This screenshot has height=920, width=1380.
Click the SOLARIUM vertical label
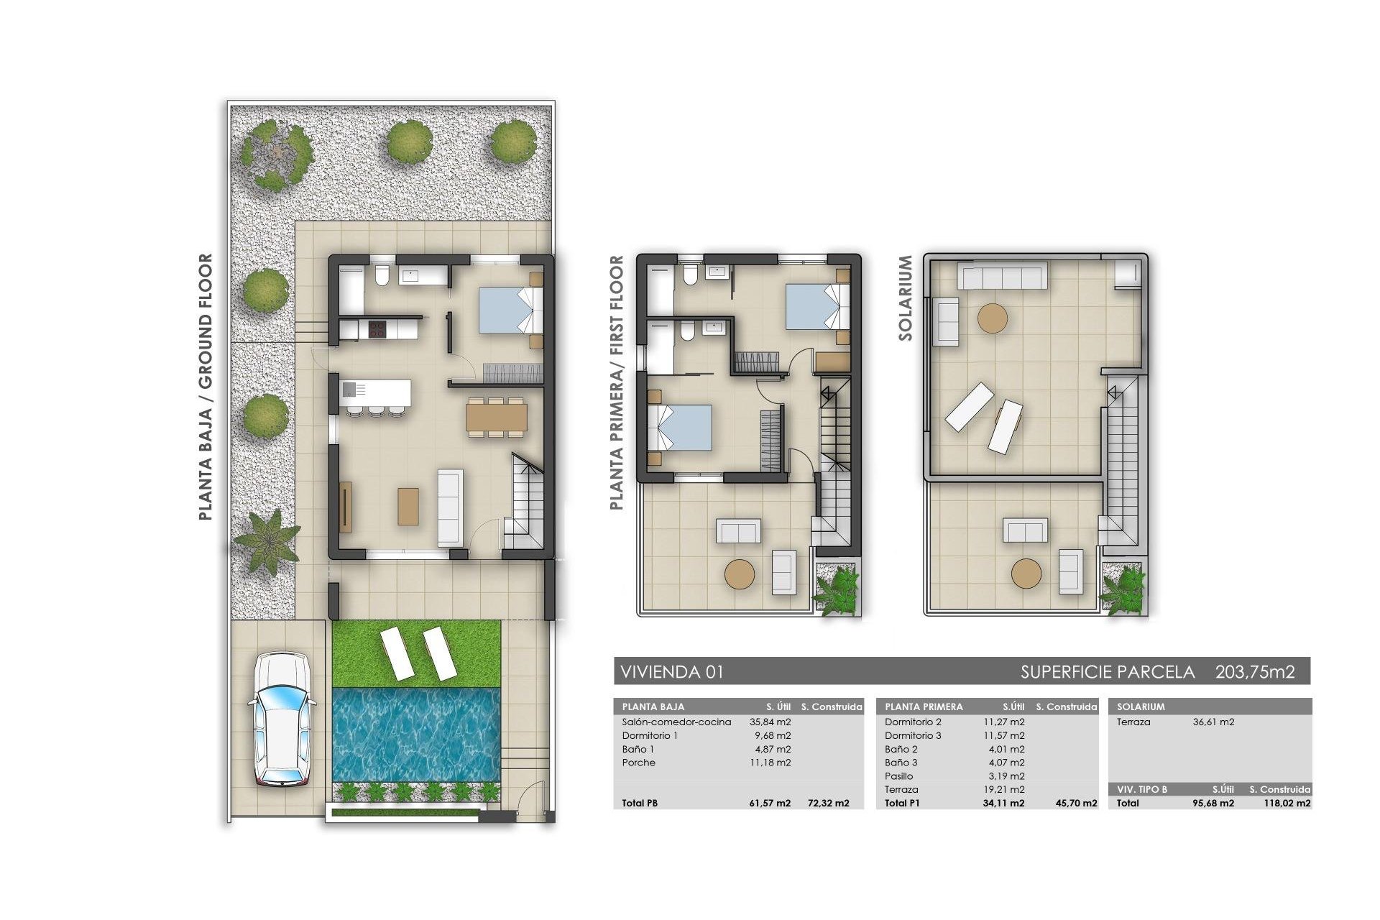click(906, 298)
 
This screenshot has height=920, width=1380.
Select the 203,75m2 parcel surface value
click(1255, 672)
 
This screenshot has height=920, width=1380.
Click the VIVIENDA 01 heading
click(671, 672)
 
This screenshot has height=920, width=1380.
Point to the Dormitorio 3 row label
click(913, 735)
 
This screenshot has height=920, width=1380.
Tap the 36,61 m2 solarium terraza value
click(1213, 722)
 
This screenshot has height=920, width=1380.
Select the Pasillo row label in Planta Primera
click(899, 776)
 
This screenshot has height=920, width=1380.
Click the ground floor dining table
click(496, 415)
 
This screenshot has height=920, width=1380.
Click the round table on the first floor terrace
click(740, 575)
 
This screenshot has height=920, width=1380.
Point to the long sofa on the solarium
click(1005, 276)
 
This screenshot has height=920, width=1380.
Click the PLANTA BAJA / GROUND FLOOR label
click(206, 387)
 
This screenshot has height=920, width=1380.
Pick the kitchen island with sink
click(376, 392)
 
